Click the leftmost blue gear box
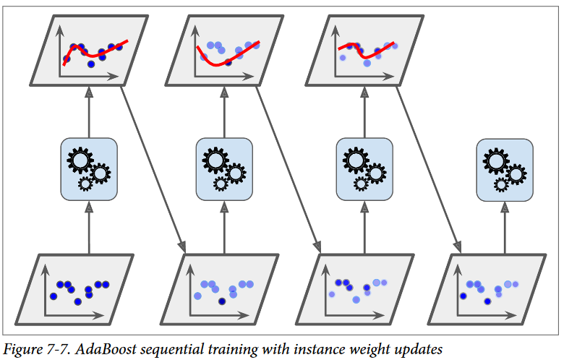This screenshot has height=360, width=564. pyautogui.click(x=88, y=168)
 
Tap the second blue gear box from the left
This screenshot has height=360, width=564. pyautogui.click(x=224, y=169)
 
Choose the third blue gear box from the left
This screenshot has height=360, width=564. pyautogui.click(x=364, y=169)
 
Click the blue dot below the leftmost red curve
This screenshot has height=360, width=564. pyautogui.click(x=90, y=64)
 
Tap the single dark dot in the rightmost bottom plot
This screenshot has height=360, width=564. pyautogui.click(x=463, y=296)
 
